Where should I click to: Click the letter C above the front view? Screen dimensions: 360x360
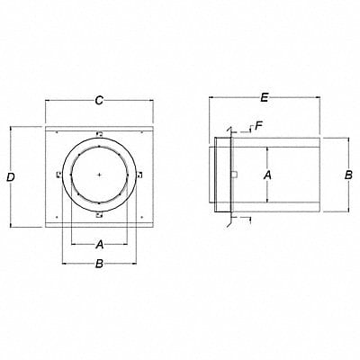pos(99,102)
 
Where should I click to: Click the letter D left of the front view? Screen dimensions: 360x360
pos(10,178)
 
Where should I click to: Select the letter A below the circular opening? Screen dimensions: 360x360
pos(99,242)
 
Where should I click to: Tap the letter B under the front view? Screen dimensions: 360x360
pos(99,264)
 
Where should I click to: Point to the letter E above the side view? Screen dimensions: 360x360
pos(264,94)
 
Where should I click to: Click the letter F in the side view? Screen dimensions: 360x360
pos(258,125)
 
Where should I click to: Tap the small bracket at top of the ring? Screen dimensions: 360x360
pos(99,134)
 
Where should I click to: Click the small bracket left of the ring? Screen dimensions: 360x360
pos(57,175)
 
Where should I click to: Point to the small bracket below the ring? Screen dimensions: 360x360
pos(99,217)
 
